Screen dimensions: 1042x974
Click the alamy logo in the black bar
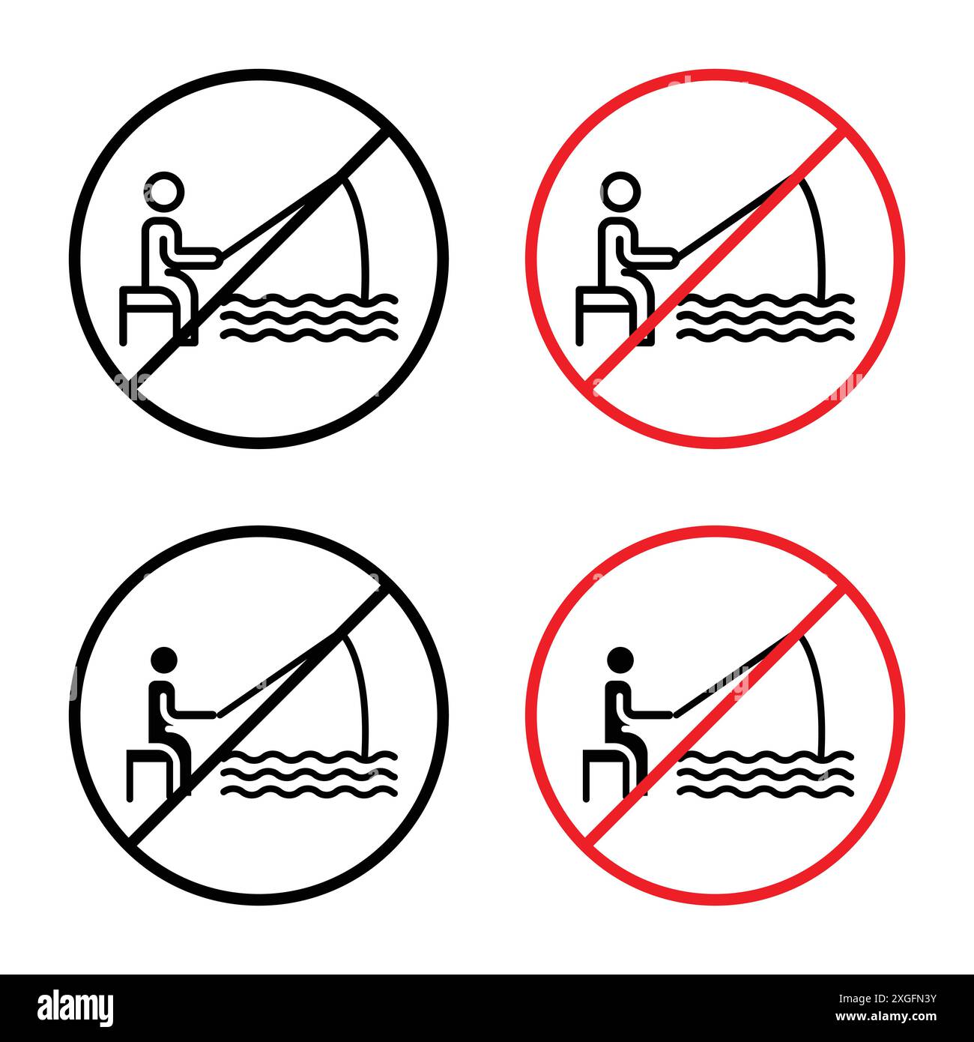tap(76, 1007)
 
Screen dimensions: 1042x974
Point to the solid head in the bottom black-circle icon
tap(165, 660)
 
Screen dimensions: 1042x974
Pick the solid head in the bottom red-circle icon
tap(620, 660)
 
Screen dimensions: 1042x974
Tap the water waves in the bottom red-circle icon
tap(764, 772)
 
